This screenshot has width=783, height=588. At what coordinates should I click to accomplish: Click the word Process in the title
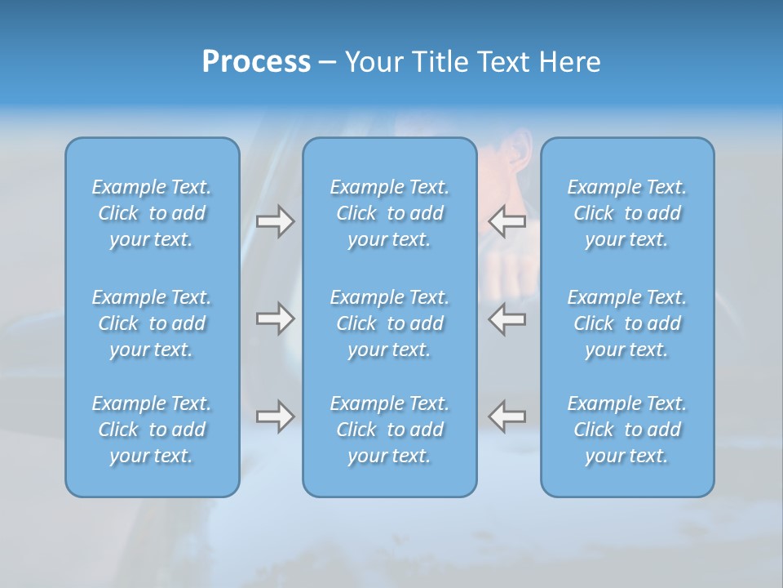[256, 62]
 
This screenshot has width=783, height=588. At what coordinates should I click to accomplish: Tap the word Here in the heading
[570, 62]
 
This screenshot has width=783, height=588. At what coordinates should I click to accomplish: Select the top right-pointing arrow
[275, 221]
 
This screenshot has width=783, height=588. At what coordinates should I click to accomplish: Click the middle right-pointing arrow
[275, 318]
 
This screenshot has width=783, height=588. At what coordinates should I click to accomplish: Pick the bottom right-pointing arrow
[275, 416]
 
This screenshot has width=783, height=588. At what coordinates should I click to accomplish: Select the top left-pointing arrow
[507, 220]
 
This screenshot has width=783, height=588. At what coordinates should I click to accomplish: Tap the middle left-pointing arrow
[507, 318]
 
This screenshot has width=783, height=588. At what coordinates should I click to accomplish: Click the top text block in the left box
[152, 213]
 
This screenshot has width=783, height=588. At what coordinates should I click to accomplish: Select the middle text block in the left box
[152, 323]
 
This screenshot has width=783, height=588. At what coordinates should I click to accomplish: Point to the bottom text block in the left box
[152, 430]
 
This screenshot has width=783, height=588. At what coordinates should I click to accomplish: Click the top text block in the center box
[390, 213]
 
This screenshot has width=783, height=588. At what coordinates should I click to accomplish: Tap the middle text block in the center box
[390, 323]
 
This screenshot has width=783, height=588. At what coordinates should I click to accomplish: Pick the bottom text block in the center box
[390, 430]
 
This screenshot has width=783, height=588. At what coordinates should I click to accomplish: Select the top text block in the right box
[627, 213]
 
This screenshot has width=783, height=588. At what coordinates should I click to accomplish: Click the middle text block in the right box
[627, 323]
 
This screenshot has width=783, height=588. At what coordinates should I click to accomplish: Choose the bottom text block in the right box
[627, 430]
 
